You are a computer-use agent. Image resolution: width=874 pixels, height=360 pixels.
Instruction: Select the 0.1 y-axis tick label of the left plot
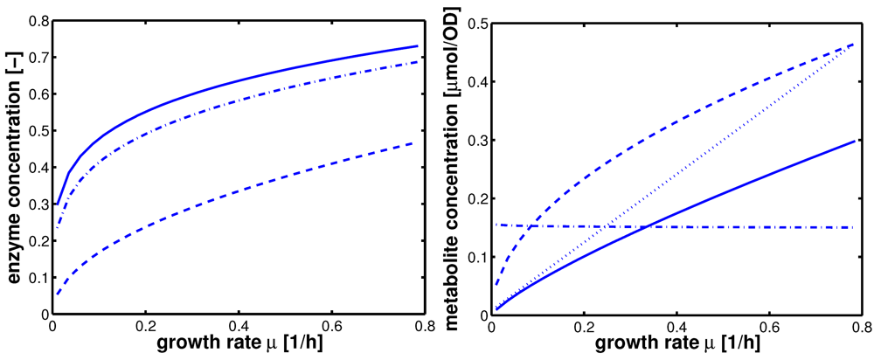point(33,277)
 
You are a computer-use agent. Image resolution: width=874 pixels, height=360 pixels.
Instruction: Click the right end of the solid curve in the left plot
point(417,45)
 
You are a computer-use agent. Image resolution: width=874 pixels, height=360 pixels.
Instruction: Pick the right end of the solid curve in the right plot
point(852,140)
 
